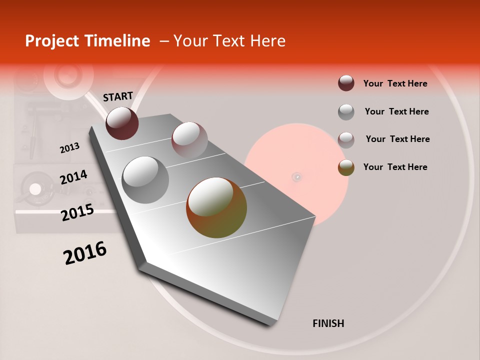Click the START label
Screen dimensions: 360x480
click(118, 96)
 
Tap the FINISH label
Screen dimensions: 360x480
click(328, 323)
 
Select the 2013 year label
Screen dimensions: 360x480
click(69, 148)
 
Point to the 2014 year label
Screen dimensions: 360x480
click(73, 177)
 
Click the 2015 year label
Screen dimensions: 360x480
click(77, 213)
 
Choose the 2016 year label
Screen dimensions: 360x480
click(85, 252)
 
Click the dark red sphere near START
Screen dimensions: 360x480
click(122, 123)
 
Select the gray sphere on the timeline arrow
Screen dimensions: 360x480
click(145, 179)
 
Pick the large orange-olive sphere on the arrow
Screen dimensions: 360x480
click(216, 207)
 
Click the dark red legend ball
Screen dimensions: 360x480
click(346, 83)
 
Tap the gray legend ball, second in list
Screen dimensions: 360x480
click(346, 112)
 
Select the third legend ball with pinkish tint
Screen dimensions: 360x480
click(346, 139)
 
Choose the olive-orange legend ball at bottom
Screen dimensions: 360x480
click(346, 167)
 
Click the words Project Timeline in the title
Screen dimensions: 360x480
click(87, 41)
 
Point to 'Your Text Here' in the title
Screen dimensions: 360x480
click(229, 41)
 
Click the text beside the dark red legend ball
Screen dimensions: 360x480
click(395, 83)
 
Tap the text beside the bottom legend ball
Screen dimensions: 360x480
click(395, 167)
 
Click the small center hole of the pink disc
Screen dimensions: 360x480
click(297, 176)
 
